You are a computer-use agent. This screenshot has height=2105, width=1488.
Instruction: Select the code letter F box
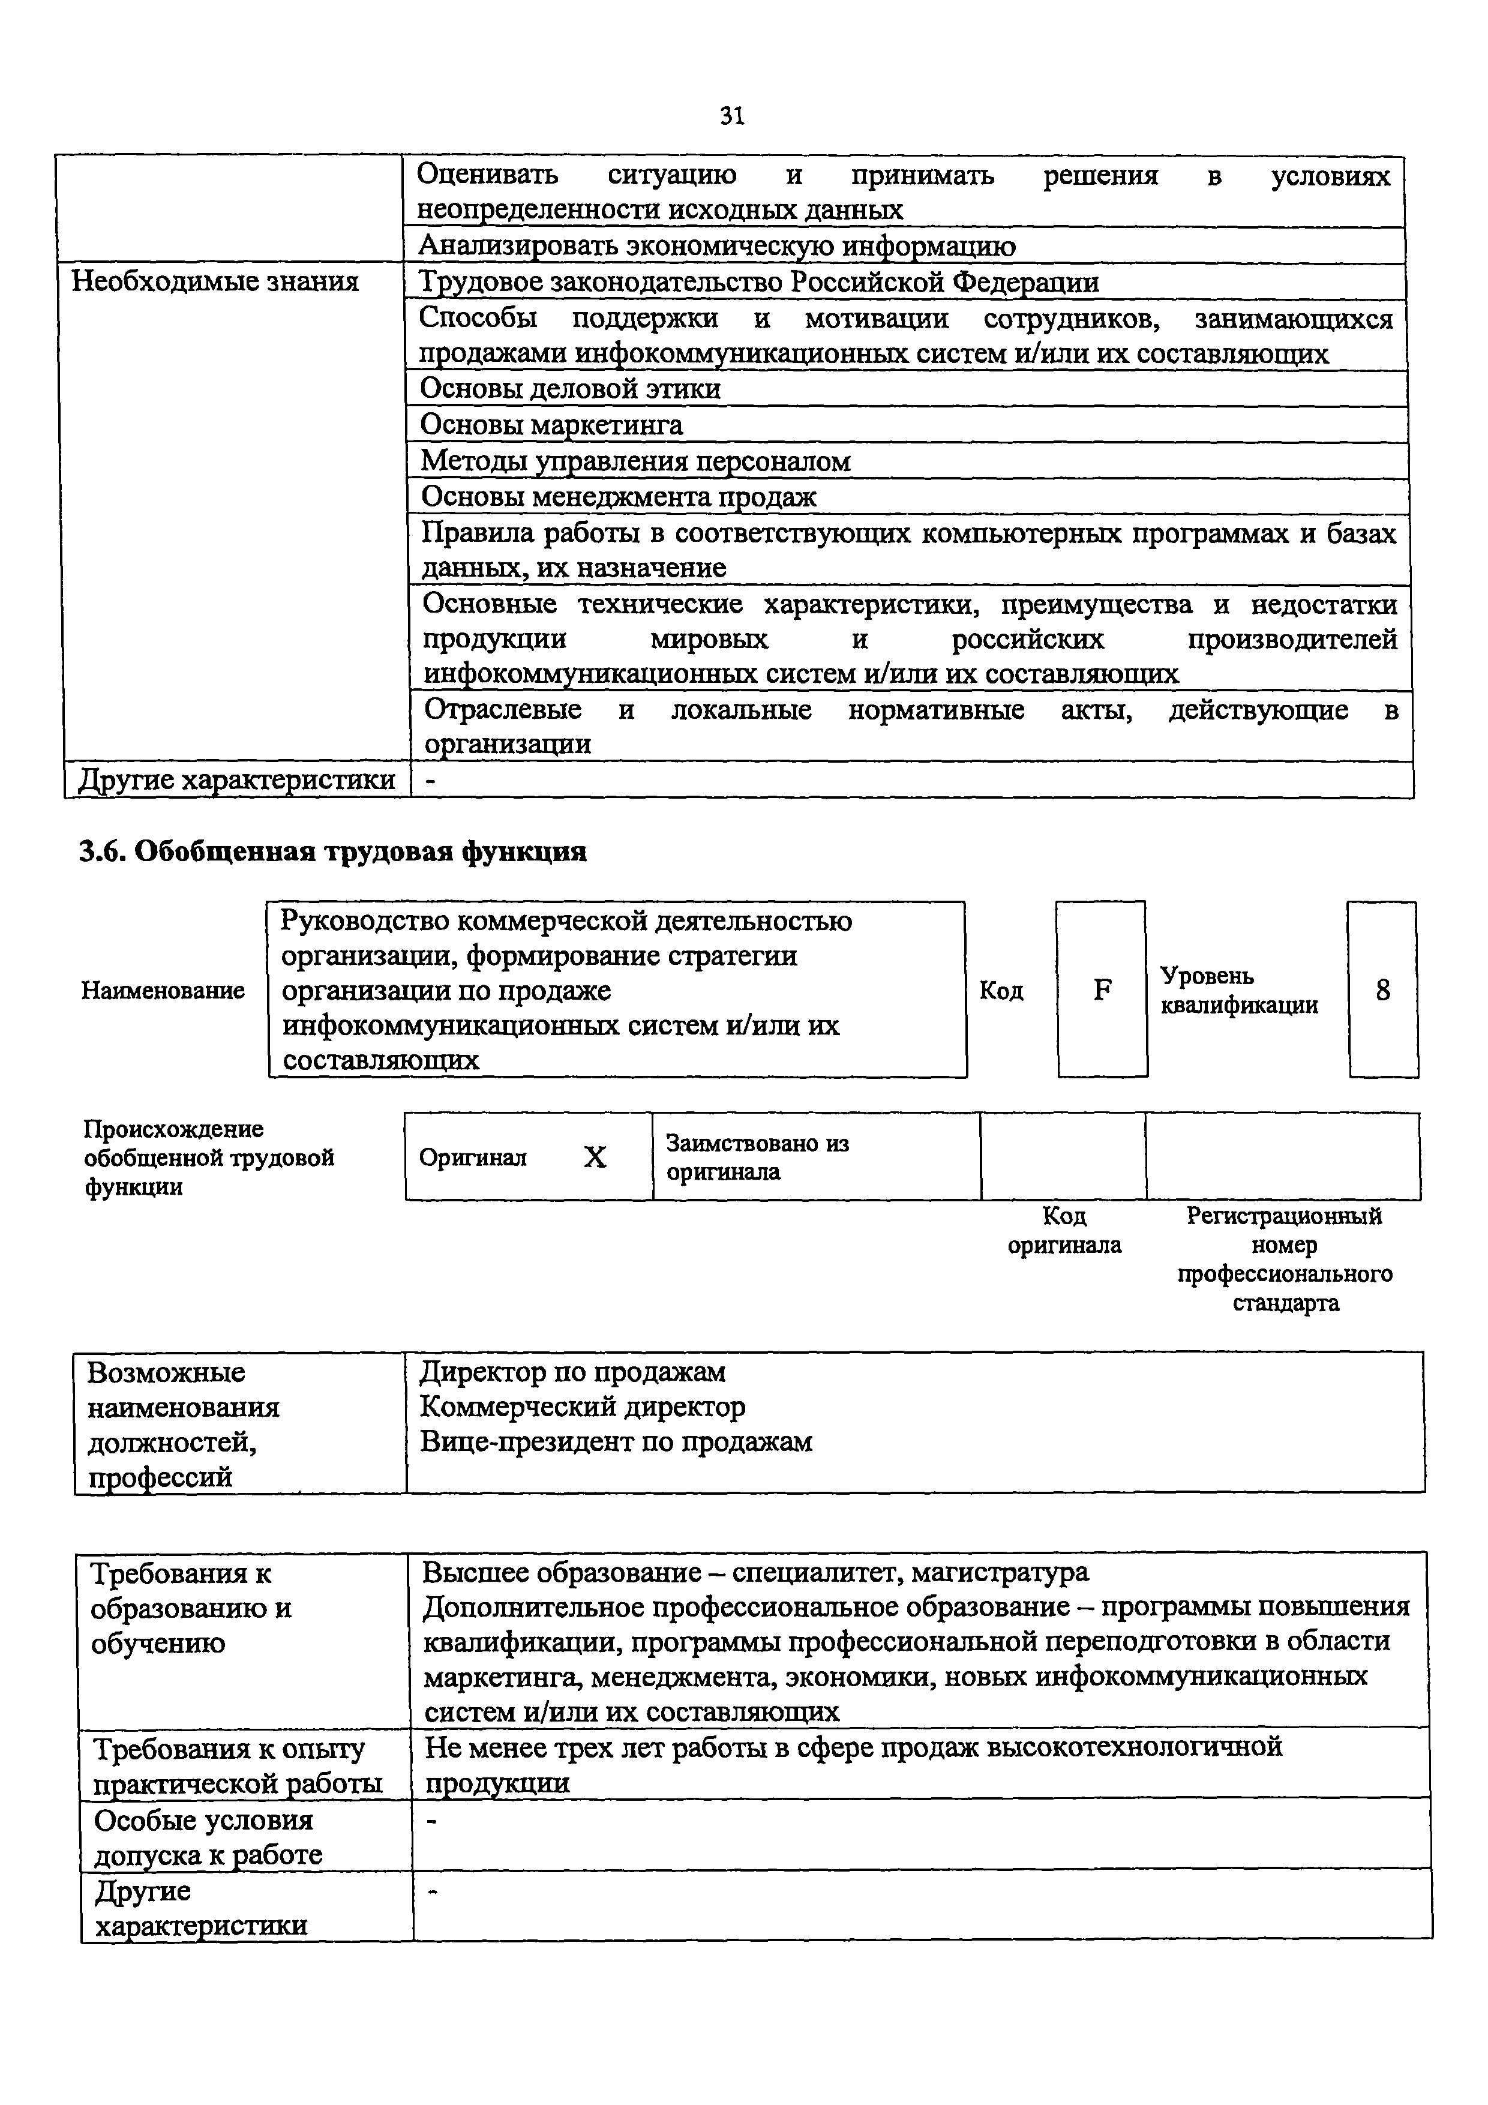coord(1102,989)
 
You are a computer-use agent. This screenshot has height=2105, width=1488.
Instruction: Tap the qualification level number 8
coord(1382,989)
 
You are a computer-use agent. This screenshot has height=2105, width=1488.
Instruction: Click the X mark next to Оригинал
coord(595,1157)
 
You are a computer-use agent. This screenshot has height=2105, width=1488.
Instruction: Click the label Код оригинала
coord(1064,1230)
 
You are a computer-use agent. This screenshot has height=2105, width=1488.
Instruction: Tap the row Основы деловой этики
coord(570,389)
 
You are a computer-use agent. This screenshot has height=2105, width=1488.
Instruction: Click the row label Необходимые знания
coord(215,281)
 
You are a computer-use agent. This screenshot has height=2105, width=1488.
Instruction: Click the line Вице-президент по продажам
coord(616,1442)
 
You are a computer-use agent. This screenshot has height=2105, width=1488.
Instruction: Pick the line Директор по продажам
coord(572,1372)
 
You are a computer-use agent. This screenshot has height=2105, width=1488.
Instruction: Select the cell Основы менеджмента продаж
coord(618,496)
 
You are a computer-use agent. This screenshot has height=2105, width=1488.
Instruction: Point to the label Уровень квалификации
coord(1238,990)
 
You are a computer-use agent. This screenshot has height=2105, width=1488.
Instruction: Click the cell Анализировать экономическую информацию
coord(717,245)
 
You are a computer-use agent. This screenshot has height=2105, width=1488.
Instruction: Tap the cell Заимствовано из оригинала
coord(757,1157)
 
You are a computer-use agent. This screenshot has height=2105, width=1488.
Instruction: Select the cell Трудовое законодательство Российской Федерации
coord(759,281)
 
